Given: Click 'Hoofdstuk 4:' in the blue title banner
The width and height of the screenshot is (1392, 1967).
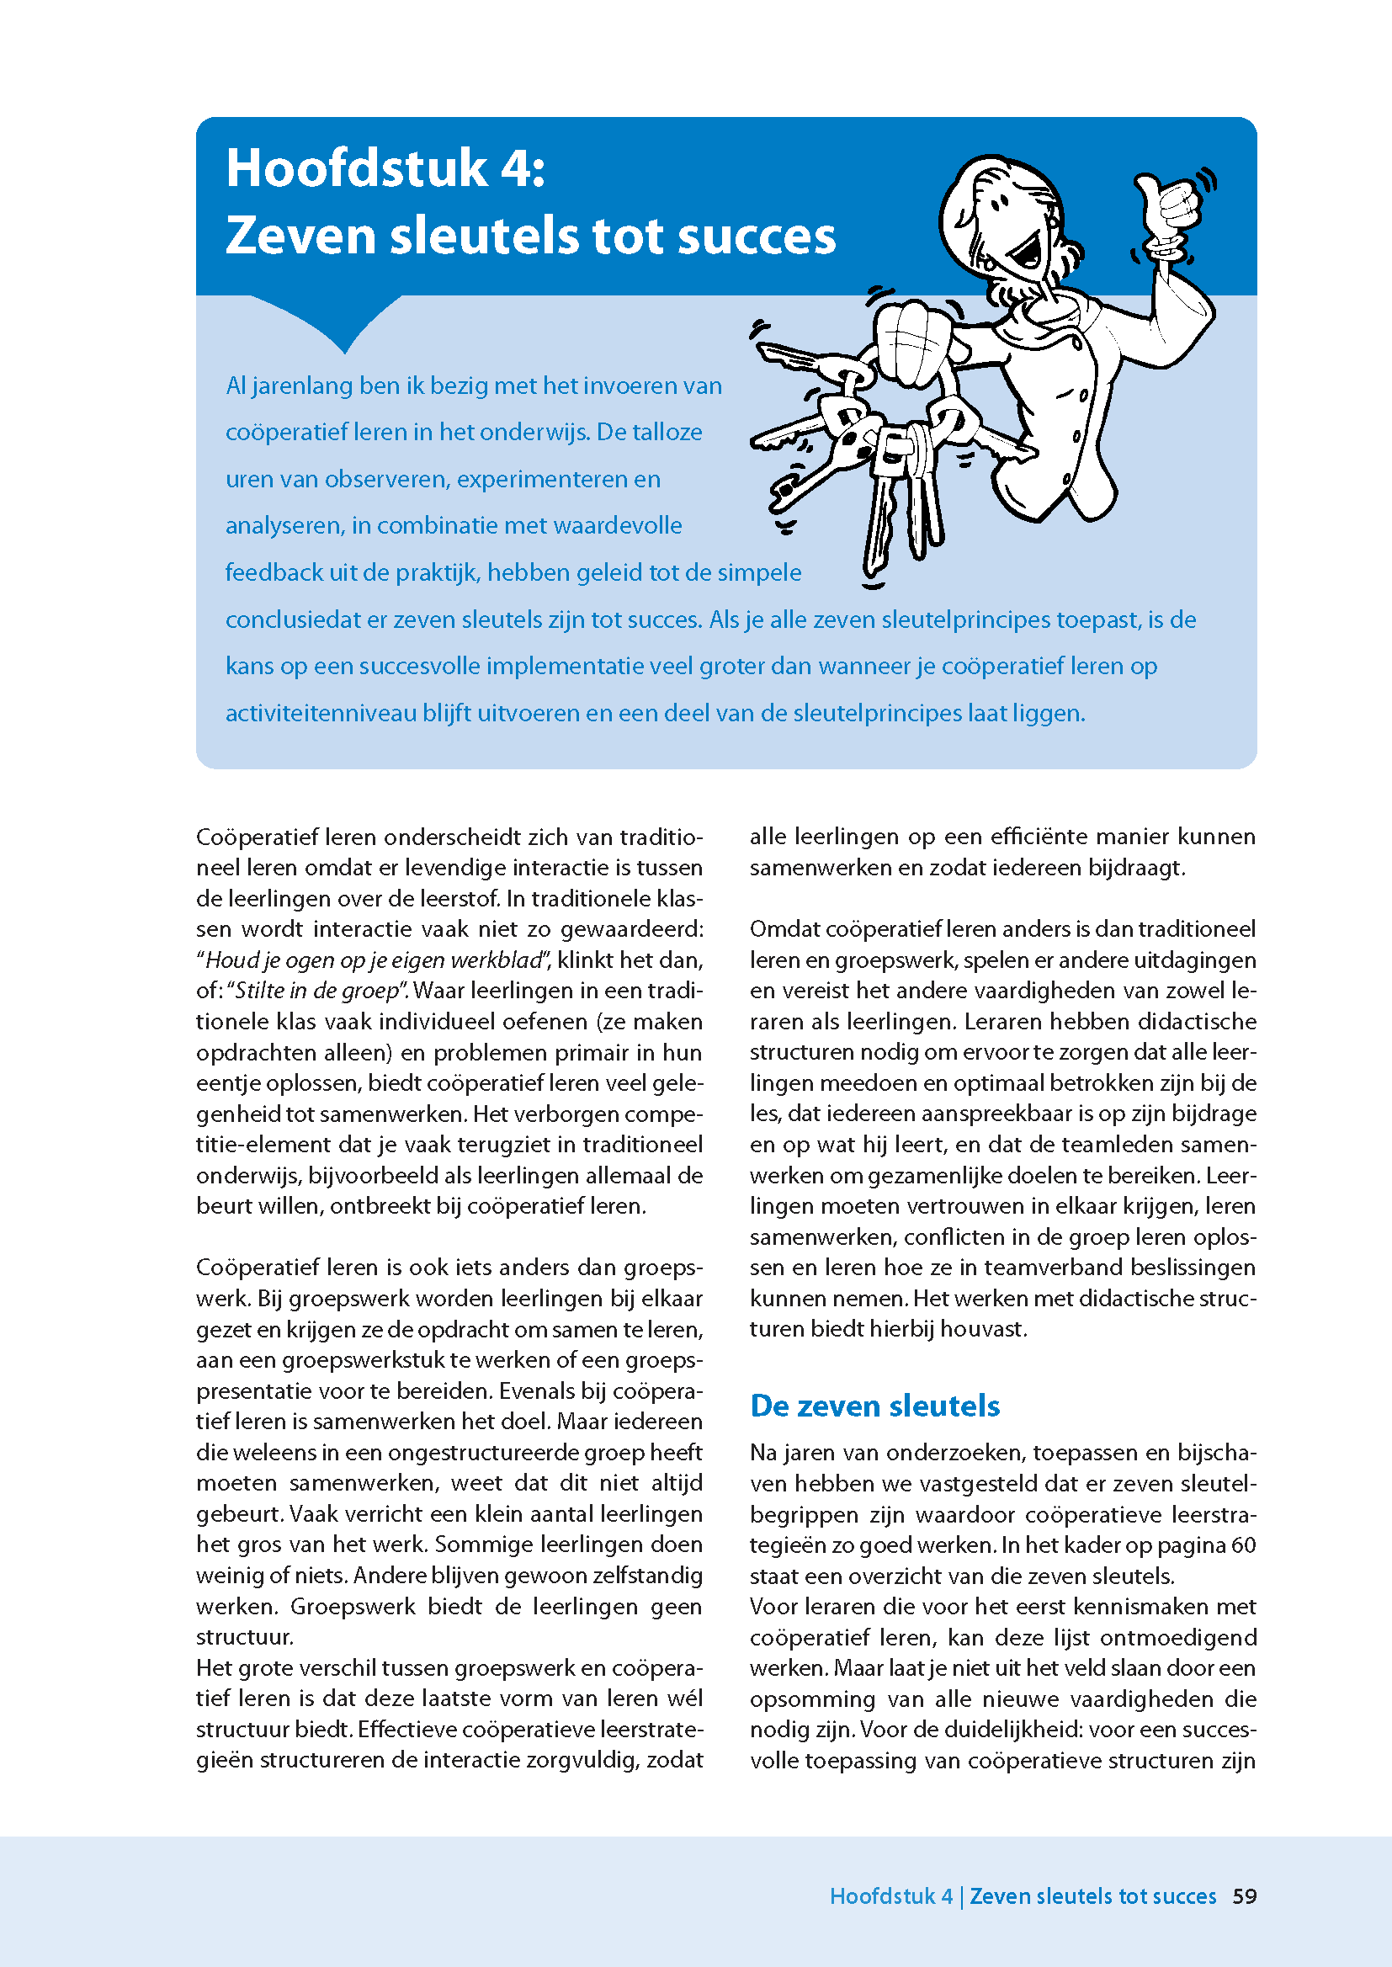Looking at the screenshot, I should click(x=385, y=168).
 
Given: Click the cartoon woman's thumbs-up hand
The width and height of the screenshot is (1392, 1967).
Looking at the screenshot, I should click(x=1170, y=205).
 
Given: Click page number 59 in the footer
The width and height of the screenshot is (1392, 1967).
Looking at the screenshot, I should click(x=1244, y=1895).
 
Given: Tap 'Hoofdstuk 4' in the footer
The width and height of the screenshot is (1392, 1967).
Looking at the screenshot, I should click(x=890, y=1895).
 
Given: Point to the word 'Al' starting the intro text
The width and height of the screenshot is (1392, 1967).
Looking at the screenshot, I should click(x=236, y=386).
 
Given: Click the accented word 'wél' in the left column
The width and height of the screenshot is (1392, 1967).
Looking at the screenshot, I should click(x=683, y=1699).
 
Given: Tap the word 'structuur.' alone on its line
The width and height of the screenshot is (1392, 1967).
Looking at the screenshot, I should click(x=244, y=1637).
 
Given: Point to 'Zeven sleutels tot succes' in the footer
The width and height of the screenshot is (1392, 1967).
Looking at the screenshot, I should click(x=1092, y=1895).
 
